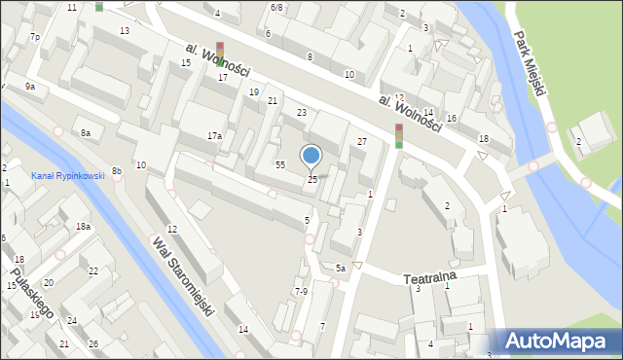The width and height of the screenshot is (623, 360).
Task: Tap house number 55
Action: coord(279,165)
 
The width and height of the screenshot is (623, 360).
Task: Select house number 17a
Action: coord(214,136)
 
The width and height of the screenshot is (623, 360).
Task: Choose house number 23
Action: coord(302,113)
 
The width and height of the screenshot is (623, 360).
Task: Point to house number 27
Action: coord(361,142)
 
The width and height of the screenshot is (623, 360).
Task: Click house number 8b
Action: coord(116,171)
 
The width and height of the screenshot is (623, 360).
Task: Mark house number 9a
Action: coord(30,87)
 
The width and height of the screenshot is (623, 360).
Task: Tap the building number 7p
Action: coord(34,37)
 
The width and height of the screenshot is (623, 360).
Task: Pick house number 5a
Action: coord(340,268)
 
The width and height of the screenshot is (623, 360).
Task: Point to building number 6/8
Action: coord(277,8)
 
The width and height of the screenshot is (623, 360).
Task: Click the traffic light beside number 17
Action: coord(220,54)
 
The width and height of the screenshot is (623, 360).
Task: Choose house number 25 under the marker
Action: coord(312,179)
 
